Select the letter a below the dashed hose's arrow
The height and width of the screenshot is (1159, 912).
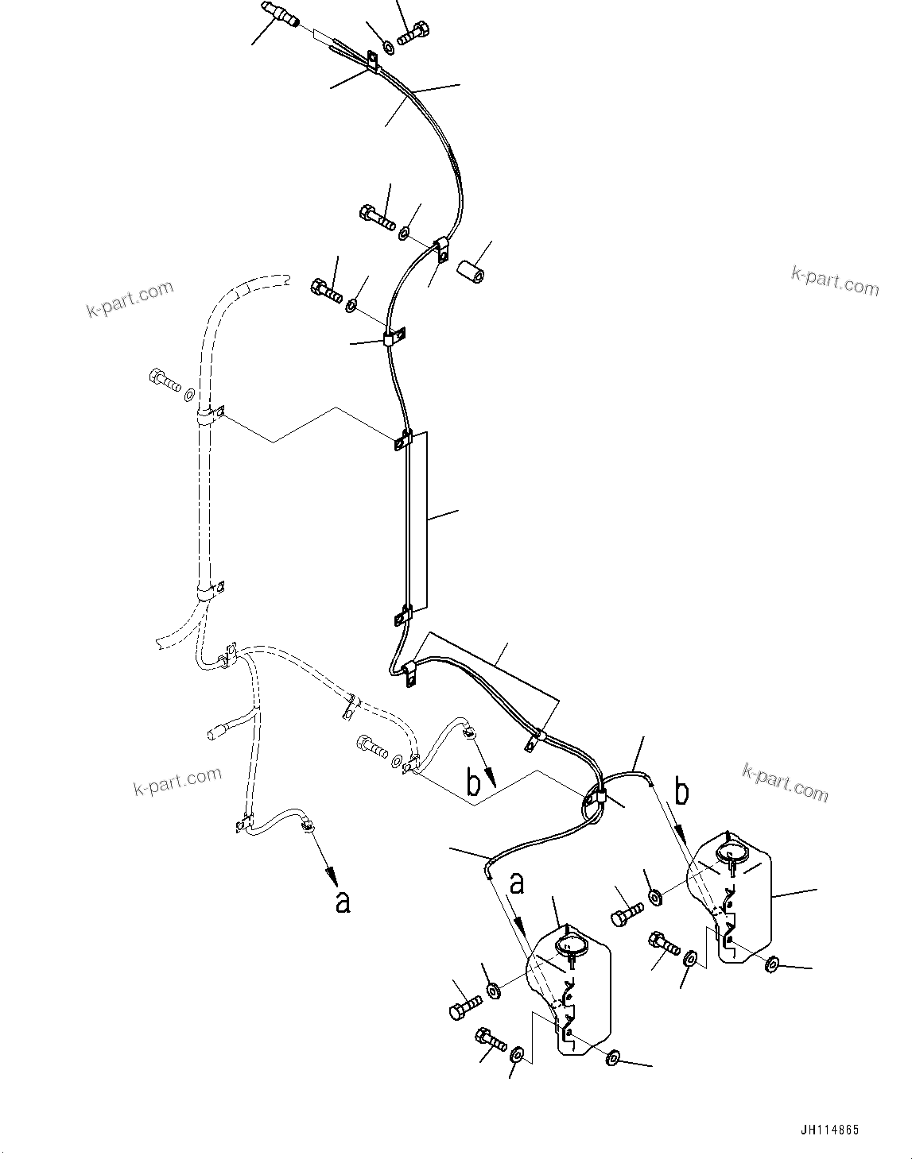[x=343, y=901]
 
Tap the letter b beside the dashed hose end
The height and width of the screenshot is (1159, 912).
[x=474, y=784]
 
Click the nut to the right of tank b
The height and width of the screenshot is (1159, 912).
[x=771, y=965]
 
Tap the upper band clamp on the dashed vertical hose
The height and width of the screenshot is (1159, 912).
[x=208, y=415]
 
